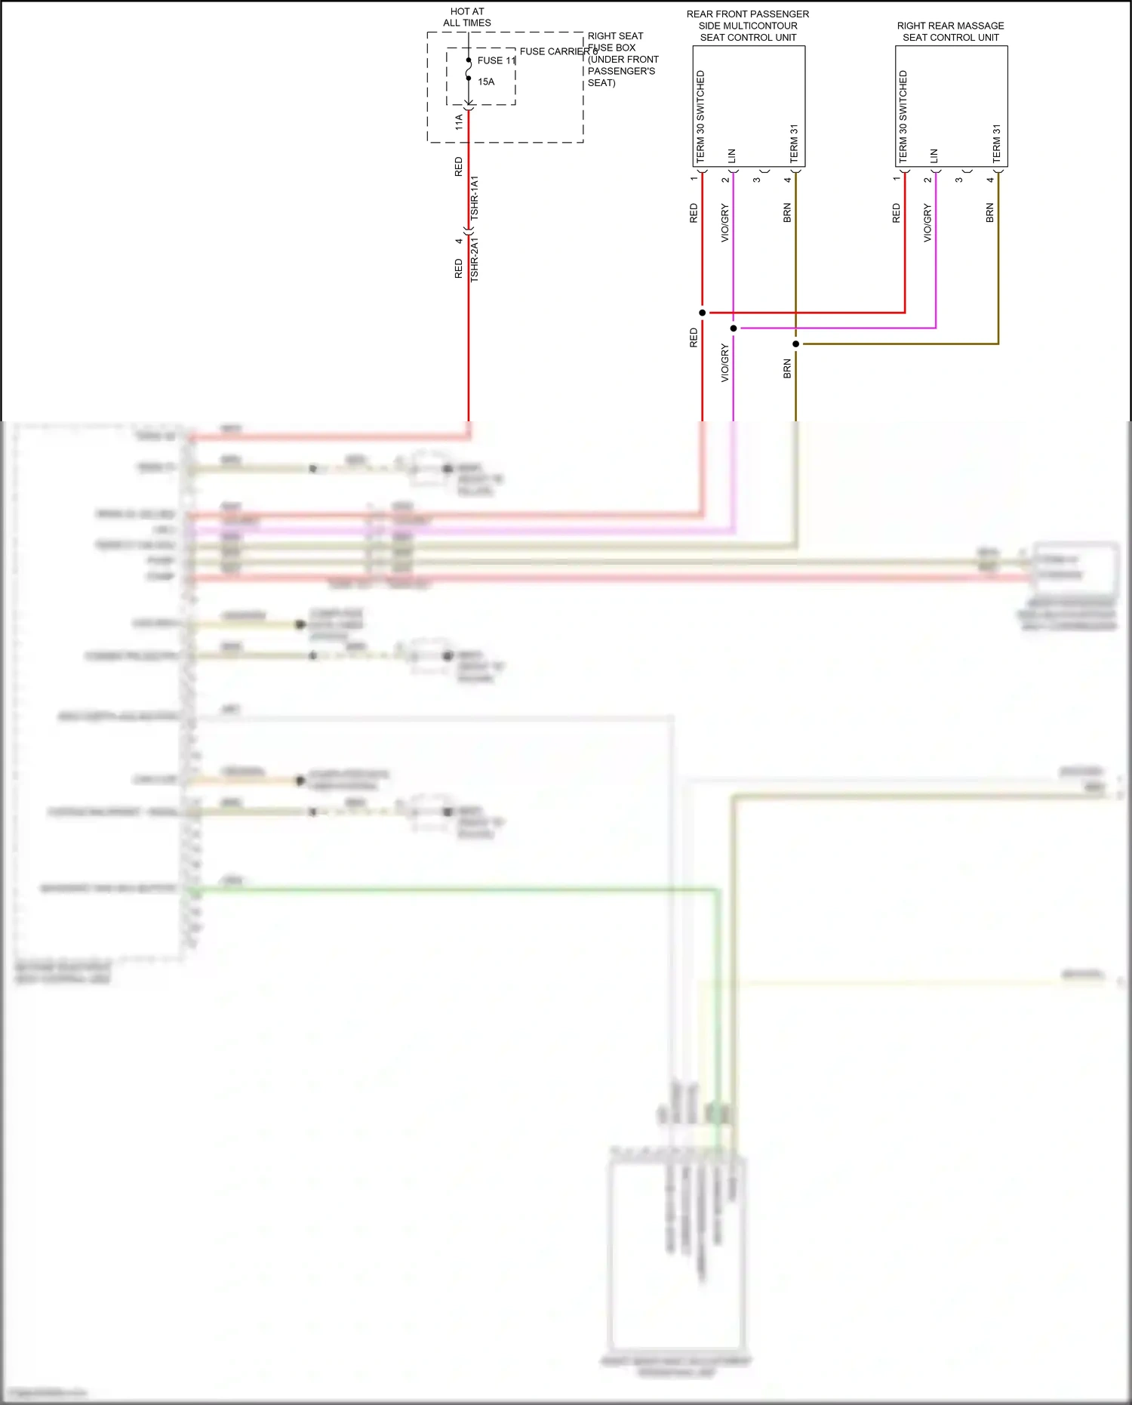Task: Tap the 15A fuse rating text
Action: coord(486,82)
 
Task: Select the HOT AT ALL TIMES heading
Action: coord(467,17)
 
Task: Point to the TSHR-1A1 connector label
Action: coord(475,198)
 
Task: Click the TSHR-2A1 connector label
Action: coord(475,260)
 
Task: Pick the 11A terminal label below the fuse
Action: coord(459,122)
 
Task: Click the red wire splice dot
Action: coord(703,313)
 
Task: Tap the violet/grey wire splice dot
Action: coord(734,328)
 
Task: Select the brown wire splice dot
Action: coord(795,344)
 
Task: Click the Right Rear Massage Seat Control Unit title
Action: coord(950,31)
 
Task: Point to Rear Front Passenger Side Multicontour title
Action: coord(748,26)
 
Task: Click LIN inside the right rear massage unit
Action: coord(934,156)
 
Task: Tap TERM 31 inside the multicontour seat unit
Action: coord(794,143)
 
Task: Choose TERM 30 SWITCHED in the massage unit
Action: coord(903,116)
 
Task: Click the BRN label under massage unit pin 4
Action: coord(990,213)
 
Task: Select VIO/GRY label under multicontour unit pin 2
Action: coord(725,223)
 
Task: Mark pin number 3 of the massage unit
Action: coord(959,180)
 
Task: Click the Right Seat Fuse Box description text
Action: coord(623,59)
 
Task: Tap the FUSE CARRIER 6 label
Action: coord(558,51)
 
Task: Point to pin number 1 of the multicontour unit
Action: coord(694,178)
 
